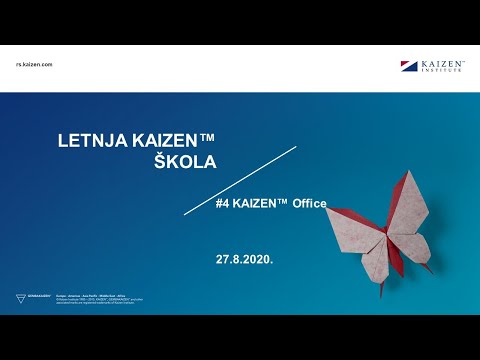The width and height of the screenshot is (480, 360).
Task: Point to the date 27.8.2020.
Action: pos(244,258)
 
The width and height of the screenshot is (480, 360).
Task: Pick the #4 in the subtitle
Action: pos(223,203)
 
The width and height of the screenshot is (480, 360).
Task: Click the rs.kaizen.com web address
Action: pos(34,64)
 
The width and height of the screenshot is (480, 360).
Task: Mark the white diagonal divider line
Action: pos(240,180)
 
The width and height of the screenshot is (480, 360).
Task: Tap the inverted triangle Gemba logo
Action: pos(22,298)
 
